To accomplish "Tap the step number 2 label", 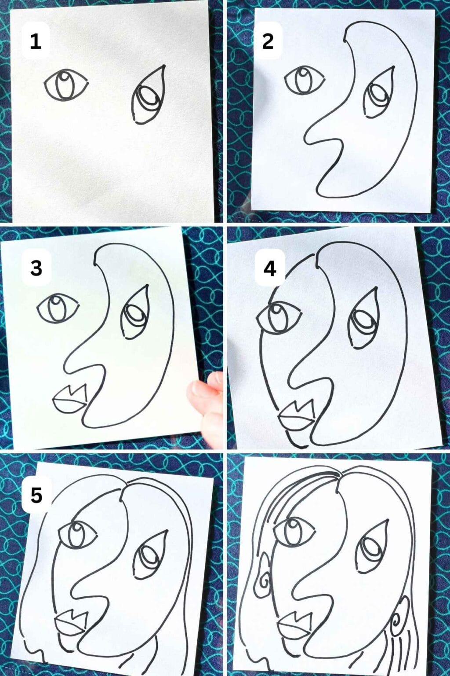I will tap(268, 41).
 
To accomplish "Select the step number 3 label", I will tap(36, 268).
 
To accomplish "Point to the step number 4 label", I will tap(270, 268).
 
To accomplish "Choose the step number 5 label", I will tap(36, 495).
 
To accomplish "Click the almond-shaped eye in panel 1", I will tap(65, 84).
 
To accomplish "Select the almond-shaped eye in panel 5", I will tap(78, 533).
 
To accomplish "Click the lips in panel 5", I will tap(70, 622).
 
